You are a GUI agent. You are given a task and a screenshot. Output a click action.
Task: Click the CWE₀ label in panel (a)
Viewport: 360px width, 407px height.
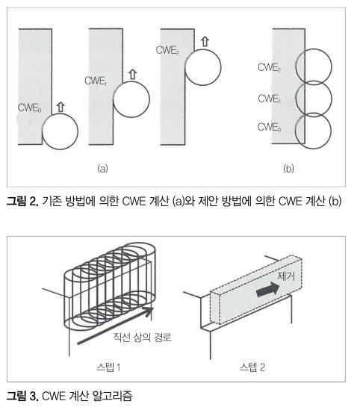point(29,108)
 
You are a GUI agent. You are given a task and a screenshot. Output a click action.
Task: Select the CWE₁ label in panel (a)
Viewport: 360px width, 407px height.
point(96,81)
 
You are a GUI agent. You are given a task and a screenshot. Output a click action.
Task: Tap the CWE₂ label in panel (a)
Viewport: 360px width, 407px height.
point(167,50)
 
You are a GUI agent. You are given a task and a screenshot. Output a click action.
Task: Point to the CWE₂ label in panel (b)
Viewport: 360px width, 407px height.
point(269,67)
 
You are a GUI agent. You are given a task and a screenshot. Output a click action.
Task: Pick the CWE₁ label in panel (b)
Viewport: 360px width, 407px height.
point(269,99)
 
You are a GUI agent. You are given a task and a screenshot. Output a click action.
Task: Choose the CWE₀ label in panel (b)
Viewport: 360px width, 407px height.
point(269,127)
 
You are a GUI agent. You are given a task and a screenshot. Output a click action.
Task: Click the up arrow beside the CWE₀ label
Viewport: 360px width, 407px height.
point(60,107)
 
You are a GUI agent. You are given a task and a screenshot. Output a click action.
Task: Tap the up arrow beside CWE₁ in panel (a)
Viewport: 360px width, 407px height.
point(133,74)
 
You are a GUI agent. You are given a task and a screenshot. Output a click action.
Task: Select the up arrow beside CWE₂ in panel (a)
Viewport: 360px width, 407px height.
point(205,42)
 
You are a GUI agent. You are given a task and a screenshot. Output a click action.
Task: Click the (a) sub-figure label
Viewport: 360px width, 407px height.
point(102,169)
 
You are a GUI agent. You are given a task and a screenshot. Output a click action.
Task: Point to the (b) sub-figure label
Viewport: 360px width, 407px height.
point(288,169)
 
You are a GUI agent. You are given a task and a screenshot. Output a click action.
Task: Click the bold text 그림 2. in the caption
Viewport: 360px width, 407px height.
point(22,201)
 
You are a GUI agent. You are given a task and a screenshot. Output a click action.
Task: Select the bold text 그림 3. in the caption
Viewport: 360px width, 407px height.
point(22,396)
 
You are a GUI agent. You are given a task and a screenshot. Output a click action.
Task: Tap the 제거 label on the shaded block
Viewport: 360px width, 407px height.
point(286,276)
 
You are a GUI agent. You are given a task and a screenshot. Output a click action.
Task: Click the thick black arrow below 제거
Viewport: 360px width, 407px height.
point(268,289)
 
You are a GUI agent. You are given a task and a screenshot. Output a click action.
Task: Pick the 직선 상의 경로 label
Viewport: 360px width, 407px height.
point(142,337)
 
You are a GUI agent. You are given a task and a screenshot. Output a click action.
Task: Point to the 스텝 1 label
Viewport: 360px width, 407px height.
point(108,367)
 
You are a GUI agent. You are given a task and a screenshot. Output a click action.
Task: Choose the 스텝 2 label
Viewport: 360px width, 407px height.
point(252,367)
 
